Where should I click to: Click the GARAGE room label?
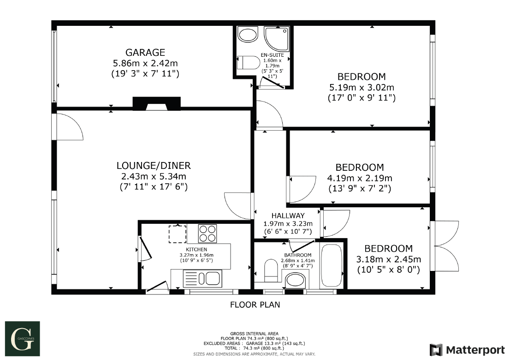coord(145,52)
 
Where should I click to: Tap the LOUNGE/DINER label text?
coord(154,166)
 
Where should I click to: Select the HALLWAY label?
coord(288,216)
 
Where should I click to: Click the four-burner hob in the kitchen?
coord(208,233)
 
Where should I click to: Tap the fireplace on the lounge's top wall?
coord(156,104)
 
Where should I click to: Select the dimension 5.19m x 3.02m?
coord(362,87)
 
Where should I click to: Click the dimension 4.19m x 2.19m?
coord(360,178)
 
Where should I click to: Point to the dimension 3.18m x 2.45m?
coord(389,259)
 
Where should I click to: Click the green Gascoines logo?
coord(22,336)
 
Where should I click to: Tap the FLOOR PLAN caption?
coord(255,305)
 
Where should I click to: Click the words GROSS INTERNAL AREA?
coord(255,333)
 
